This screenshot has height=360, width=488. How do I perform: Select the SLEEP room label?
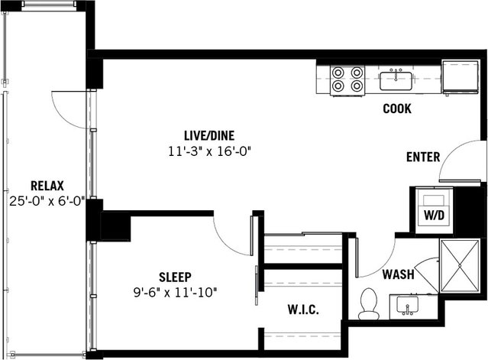click(x=175, y=276)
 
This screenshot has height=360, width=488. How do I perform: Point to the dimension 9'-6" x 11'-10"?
click(x=175, y=291)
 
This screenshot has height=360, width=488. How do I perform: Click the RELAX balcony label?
click(x=47, y=186)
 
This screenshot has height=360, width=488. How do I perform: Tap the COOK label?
click(x=397, y=109)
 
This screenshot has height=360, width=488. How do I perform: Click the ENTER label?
click(x=422, y=157)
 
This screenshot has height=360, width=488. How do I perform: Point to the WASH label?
click(x=398, y=274)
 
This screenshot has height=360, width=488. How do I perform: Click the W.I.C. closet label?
click(x=303, y=310)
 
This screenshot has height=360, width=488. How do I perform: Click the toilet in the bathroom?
click(x=370, y=303)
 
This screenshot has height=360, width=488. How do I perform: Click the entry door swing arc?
click(x=462, y=161)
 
